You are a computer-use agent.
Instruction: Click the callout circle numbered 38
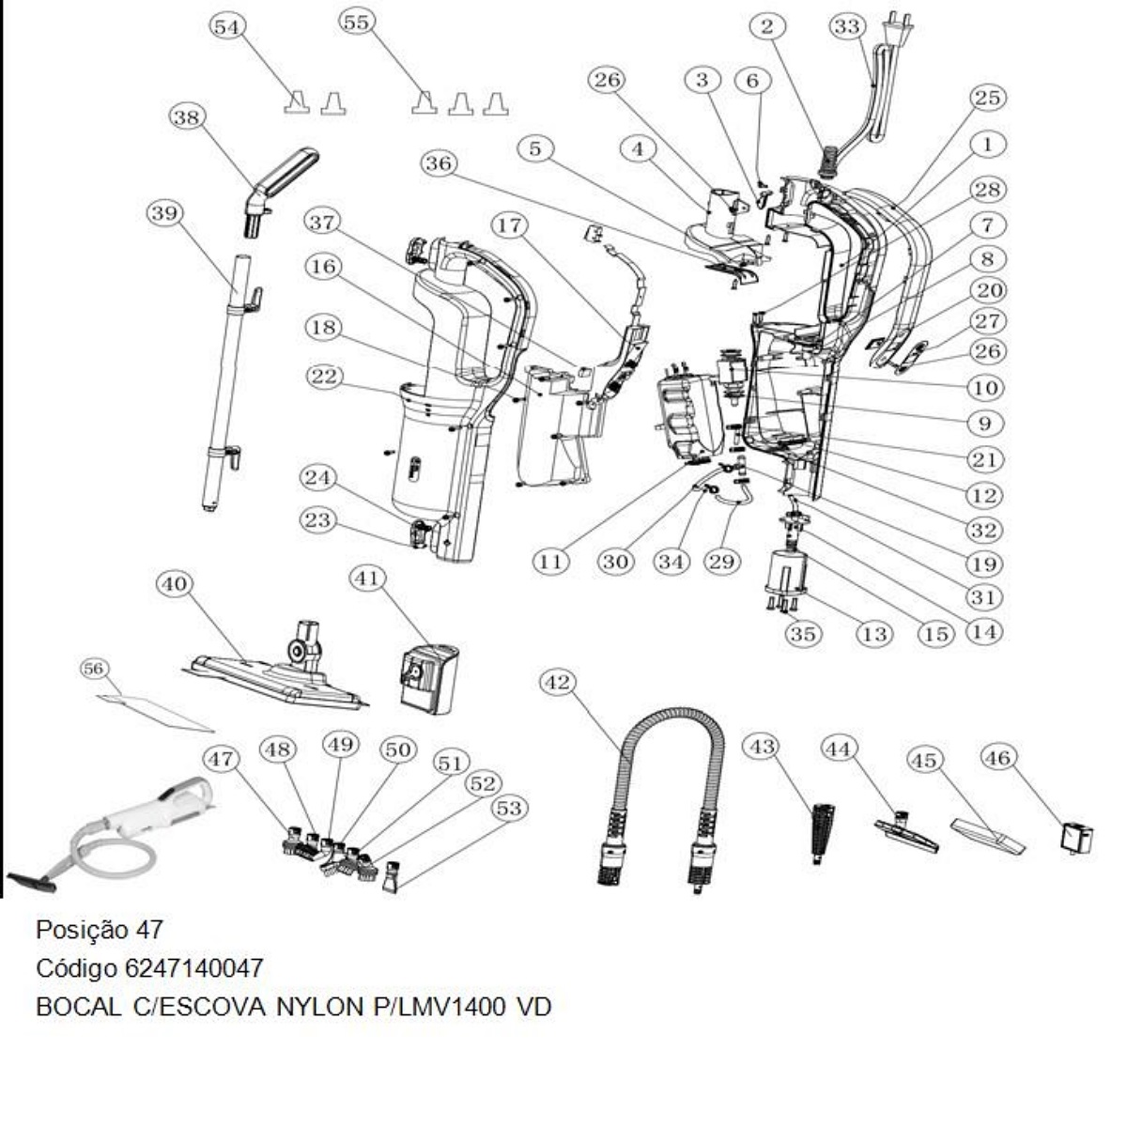[x=187, y=116]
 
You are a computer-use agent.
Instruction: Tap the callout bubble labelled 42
[x=558, y=683]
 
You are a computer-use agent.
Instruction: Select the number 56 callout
[x=93, y=669]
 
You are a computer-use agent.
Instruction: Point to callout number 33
[x=847, y=26]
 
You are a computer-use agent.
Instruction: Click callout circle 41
[x=368, y=579]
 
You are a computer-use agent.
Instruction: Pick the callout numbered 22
[x=324, y=376]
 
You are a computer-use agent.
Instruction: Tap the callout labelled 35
[x=803, y=634]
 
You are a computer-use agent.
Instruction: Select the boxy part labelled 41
[x=427, y=676]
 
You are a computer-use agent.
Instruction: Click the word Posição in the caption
[x=82, y=930]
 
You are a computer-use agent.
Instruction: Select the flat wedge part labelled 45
[x=986, y=834]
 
